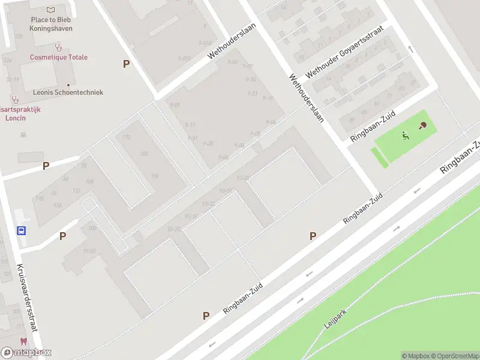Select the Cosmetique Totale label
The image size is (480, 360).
click(x=59, y=57)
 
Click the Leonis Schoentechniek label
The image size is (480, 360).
click(x=68, y=92)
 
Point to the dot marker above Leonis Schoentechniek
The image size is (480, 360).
click(x=68, y=85)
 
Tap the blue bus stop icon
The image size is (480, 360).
click(x=21, y=230)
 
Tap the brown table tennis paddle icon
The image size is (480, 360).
click(x=424, y=126)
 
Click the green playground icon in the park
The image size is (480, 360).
click(x=406, y=136)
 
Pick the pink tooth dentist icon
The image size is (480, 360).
click(x=23, y=341)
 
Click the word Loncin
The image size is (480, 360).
click(x=13, y=118)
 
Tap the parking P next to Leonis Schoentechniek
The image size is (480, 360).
click(x=126, y=64)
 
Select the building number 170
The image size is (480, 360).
click(x=126, y=137)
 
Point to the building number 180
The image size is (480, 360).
click(x=143, y=154)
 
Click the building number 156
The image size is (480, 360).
click(x=155, y=175)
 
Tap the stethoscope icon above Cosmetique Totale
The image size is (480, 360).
click(x=58, y=46)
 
